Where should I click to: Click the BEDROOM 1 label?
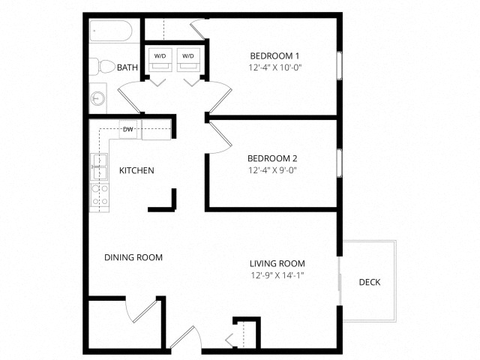(274, 55)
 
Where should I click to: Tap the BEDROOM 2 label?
(273, 158)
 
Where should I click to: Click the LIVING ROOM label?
(277, 263)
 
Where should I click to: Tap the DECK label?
(370, 283)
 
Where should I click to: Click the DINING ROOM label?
(133, 257)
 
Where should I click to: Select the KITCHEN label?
(136, 170)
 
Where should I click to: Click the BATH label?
(127, 67)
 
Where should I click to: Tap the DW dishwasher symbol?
(127, 129)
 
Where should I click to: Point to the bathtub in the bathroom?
(111, 32)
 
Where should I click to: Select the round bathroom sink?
(98, 97)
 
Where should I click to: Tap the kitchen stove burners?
(99, 195)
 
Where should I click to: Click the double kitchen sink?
(98, 166)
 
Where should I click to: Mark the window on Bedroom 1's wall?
(340, 64)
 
